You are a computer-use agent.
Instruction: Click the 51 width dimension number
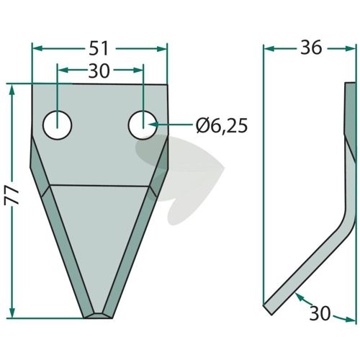point(99,49)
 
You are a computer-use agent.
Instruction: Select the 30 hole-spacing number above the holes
point(99,71)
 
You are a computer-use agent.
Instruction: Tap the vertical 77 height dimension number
point(12,196)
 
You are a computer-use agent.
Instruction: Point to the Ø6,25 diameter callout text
point(222,125)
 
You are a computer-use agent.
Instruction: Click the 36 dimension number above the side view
point(311,48)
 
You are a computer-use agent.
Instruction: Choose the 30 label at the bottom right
point(320,313)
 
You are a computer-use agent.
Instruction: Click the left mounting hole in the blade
point(58,125)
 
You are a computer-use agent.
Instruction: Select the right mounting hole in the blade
point(143,125)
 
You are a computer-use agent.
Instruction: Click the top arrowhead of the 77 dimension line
point(12,89)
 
